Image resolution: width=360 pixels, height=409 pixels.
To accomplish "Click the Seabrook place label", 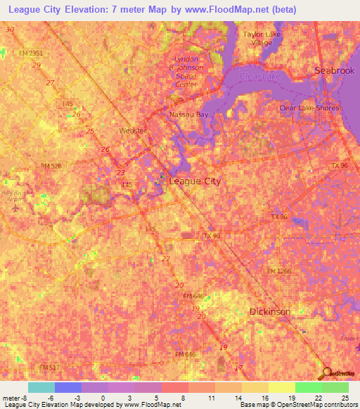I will [x=335, y=71].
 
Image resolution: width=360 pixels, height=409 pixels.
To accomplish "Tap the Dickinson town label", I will [x=269, y=311].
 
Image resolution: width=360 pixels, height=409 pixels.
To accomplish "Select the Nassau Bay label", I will [x=186, y=114].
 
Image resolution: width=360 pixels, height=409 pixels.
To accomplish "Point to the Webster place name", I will [x=133, y=131].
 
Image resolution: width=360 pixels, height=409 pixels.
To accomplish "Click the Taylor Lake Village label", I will [x=257, y=38].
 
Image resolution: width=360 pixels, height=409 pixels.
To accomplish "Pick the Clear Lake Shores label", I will [x=309, y=108].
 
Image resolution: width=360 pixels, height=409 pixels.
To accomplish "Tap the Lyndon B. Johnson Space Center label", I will [x=186, y=72].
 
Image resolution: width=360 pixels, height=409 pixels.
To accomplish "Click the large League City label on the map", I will [x=195, y=181].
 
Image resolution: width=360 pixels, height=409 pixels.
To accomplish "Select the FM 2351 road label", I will [x=31, y=53].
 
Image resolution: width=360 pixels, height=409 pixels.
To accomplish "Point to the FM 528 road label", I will [x=52, y=165].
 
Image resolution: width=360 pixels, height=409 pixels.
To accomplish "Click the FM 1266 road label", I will [x=278, y=271].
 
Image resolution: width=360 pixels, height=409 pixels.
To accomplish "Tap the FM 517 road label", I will [x=49, y=368].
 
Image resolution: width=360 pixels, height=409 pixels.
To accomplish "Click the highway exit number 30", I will [x=9, y=30].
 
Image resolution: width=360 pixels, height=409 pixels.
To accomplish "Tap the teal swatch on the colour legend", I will [x=41, y=387].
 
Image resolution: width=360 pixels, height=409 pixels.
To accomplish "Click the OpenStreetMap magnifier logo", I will [x=327, y=374].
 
